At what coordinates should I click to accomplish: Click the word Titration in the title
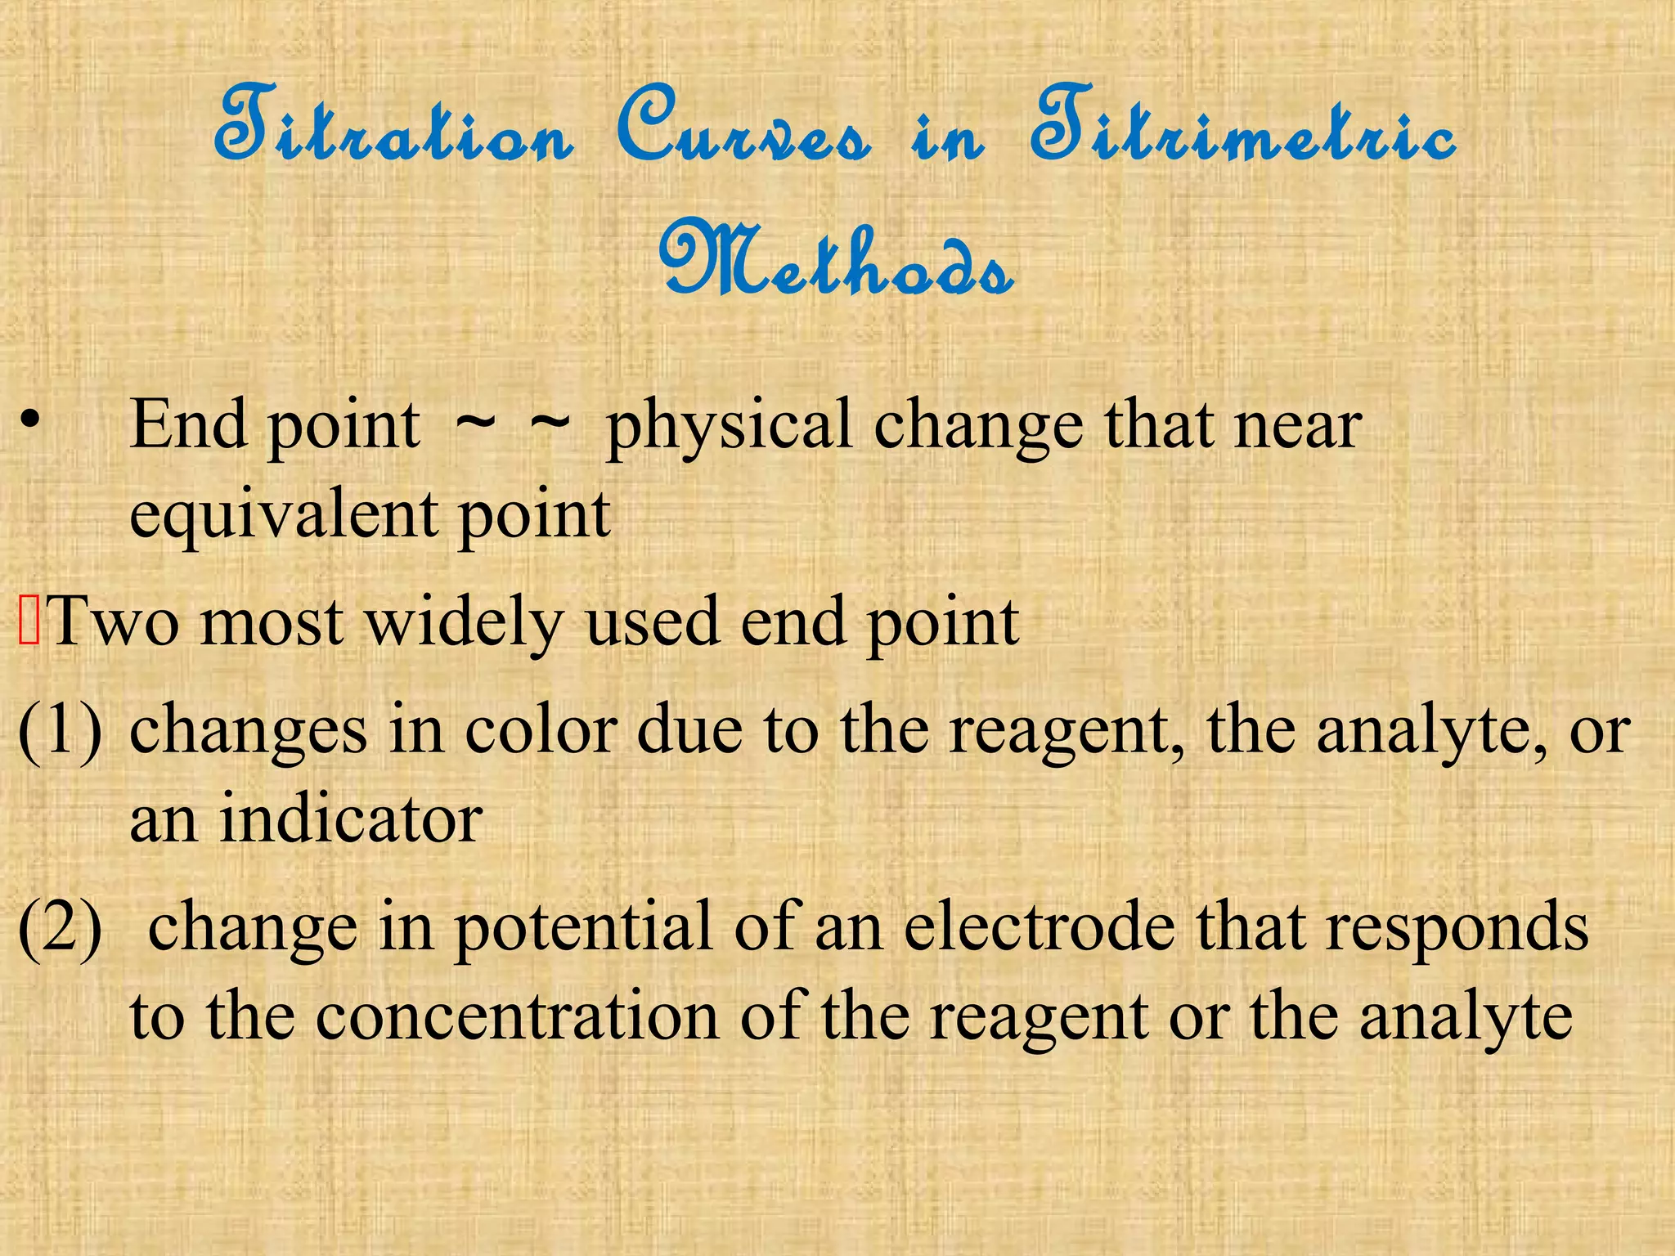(x=393, y=131)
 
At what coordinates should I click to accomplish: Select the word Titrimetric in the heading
(x=1243, y=131)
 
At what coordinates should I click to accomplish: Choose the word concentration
(x=516, y=1018)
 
